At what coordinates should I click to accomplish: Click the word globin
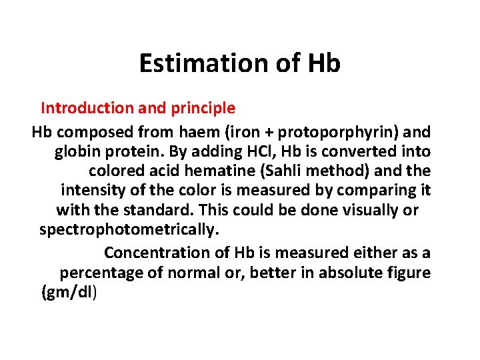[x=77, y=151]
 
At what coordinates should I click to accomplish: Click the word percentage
[x=102, y=273]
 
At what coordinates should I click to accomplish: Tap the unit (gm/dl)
[x=69, y=293]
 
